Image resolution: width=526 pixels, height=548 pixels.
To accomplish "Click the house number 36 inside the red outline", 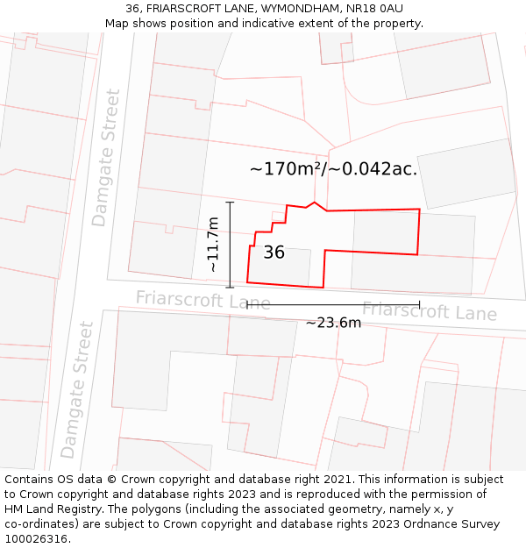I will tap(274, 253).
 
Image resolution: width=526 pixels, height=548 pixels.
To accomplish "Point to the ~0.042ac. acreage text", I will tap(373, 169).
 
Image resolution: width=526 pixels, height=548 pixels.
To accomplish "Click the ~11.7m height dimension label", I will tap(213, 245).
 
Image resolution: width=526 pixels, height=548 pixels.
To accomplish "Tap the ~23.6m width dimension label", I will tap(333, 323).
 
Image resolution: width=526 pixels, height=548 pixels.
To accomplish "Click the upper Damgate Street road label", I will tap(105, 158).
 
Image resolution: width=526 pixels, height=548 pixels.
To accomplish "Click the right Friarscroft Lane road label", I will tap(430, 311).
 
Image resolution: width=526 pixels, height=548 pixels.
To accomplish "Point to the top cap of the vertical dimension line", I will tap(231, 203).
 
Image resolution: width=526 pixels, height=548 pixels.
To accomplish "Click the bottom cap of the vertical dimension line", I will tap(231, 288).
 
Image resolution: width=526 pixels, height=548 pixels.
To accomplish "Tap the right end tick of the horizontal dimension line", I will tap(420, 305).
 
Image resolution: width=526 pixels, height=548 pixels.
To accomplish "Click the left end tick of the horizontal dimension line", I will tap(247, 305).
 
